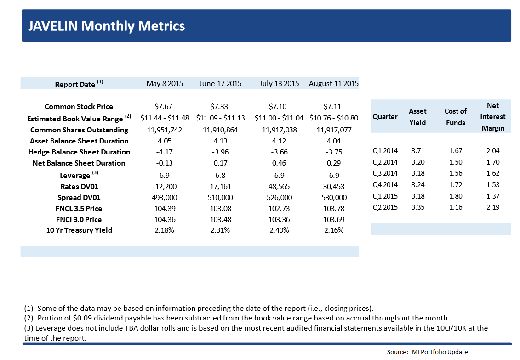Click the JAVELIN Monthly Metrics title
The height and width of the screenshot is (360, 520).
coord(106,26)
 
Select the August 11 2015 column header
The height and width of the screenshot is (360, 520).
coord(333,84)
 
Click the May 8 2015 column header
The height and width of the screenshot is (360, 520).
coord(165,84)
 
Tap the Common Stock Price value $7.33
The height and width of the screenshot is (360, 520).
coord(220,107)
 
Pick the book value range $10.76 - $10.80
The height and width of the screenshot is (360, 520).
coord(333,118)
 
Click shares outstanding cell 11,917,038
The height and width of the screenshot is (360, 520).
coord(279,130)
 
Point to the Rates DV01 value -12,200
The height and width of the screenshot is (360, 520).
coord(165,186)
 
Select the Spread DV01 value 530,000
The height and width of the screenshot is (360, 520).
coord(333,197)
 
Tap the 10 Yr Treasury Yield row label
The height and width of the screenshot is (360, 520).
coord(79,230)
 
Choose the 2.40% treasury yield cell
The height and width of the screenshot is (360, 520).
coord(279,230)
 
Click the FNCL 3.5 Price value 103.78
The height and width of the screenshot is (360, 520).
coord(333,208)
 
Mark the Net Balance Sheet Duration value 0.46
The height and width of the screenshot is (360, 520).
coord(279,163)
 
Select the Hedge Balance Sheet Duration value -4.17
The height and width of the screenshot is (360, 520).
coord(165,152)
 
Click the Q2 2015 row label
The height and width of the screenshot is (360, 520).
coord(385,207)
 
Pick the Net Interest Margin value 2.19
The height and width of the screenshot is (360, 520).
coord(492,207)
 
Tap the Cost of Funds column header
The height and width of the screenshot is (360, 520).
coord(455,117)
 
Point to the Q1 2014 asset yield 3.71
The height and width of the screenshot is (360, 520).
coord(417,150)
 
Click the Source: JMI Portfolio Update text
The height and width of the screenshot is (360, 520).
coord(427,352)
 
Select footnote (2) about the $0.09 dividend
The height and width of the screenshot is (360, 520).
coord(236,318)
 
